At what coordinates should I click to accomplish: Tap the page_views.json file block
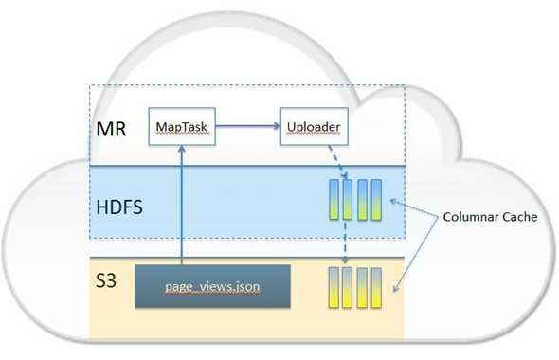tap(212, 285)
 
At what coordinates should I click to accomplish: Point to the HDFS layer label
tap(120, 206)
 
